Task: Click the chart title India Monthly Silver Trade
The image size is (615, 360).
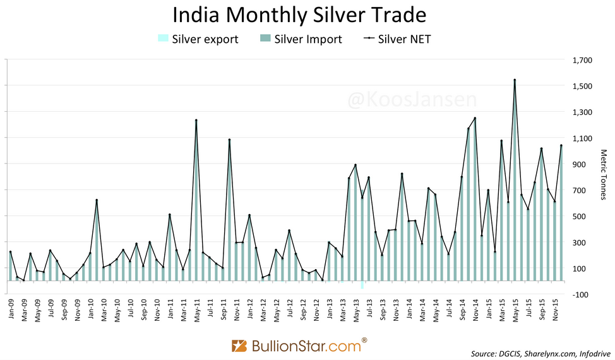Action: (299, 15)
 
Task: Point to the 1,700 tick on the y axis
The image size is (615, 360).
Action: (582, 61)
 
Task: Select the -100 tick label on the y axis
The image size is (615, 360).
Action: (582, 294)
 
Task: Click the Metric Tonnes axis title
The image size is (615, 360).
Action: (603, 175)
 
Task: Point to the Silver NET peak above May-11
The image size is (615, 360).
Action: (196, 120)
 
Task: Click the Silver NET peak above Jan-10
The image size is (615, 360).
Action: (97, 200)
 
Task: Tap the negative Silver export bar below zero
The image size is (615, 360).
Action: (362, 285)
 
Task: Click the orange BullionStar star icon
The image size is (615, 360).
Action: (240, 346)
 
